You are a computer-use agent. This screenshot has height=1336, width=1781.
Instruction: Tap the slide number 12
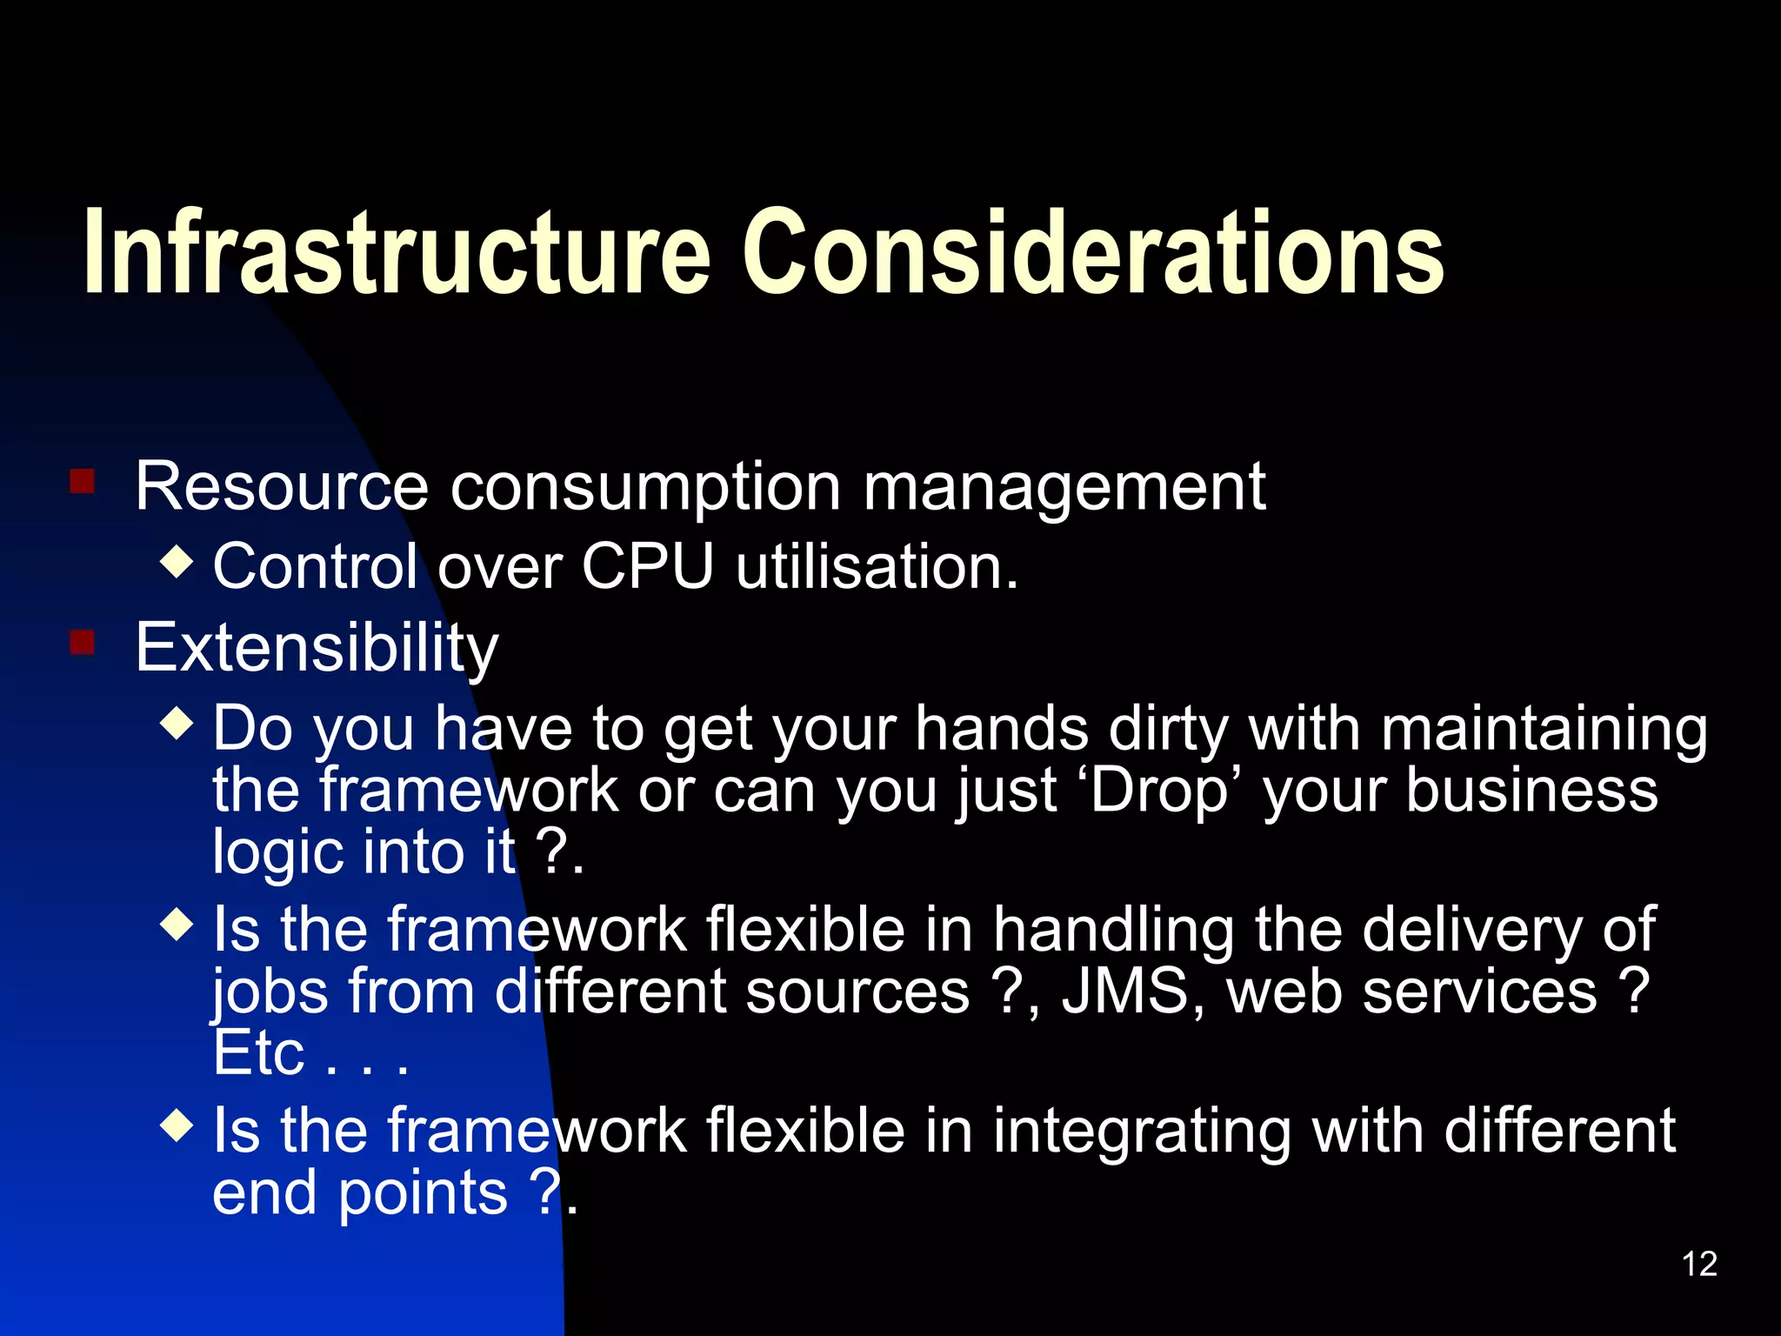pyautogui.click(x=1699, y=1264)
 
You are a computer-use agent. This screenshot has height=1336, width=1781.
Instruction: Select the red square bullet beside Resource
pyautogui.click(x=83, y=481)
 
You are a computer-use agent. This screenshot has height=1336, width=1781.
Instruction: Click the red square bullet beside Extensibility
pyautogui.click(x=83, y=643)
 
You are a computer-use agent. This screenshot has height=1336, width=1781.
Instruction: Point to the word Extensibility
pyautogui.click(x=317, y=648)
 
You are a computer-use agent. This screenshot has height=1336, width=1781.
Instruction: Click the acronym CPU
pyautogui.click(x=647, y=566)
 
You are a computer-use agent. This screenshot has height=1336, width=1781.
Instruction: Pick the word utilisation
pyautogui.click(x=877, y=566)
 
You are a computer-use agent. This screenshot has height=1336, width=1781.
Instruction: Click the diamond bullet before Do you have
pyautogui.click(x=177, y=723)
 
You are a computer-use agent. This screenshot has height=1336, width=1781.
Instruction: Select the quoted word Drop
pyautogui.click(x=1158, y=791)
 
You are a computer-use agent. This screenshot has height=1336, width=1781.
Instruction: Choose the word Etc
pyautogui.click(x=258, y=1053)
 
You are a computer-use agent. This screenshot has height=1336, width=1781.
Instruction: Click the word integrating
pyautogui.click(x=1142, y=1132)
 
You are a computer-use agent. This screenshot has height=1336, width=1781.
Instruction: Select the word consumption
pyautogui.click(x=645, y=487)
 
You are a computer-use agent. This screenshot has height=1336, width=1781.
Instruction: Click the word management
pyautogui.click(x=1064, y=487)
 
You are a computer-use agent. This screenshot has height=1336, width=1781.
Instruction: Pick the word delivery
pyautogui.click(x=1472, y=930)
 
